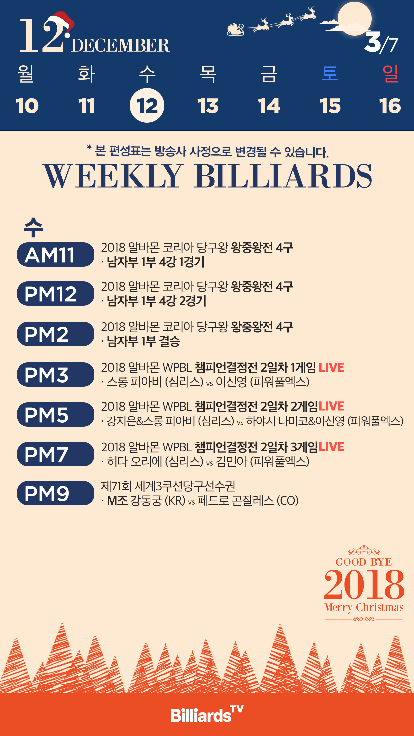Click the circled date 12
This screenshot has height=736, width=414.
(x=147, y=106)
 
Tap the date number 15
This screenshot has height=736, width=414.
(x=330, y=106)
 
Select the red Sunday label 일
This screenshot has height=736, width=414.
(x=390, y=73)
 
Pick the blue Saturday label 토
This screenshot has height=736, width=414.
(x=330, y=73)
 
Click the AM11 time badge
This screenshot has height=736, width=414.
(x=56, y=255)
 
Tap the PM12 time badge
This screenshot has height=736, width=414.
(x=56, y=294)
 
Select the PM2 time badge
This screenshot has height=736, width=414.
(x=56, y=334)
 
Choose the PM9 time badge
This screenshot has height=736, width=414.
(x=56, y=493)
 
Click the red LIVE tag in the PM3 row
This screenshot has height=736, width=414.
(x=331, y=367)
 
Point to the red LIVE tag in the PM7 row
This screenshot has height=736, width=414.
(x=331, y=447)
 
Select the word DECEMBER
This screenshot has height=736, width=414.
(x=120, y=46)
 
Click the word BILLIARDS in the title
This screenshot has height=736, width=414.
(x=283, y=176)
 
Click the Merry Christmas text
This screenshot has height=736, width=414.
(x=364, y=607)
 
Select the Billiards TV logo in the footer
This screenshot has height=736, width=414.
(x=207, y=714)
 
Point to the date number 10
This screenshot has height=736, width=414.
(x=27, y=106)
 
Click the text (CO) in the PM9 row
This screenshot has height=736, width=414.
(x=288, y=501)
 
